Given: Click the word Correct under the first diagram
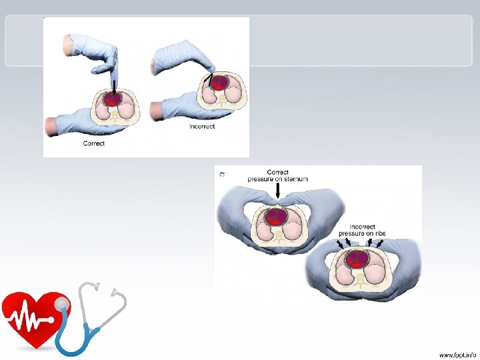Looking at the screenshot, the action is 93,143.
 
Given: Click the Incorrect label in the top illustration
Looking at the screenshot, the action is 202,127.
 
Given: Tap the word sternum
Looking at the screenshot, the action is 297,179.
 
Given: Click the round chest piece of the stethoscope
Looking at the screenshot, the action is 62,303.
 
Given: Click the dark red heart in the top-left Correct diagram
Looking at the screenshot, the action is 113,100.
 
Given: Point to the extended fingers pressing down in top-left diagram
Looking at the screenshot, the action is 113,63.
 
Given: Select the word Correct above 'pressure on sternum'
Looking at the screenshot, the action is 277,172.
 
